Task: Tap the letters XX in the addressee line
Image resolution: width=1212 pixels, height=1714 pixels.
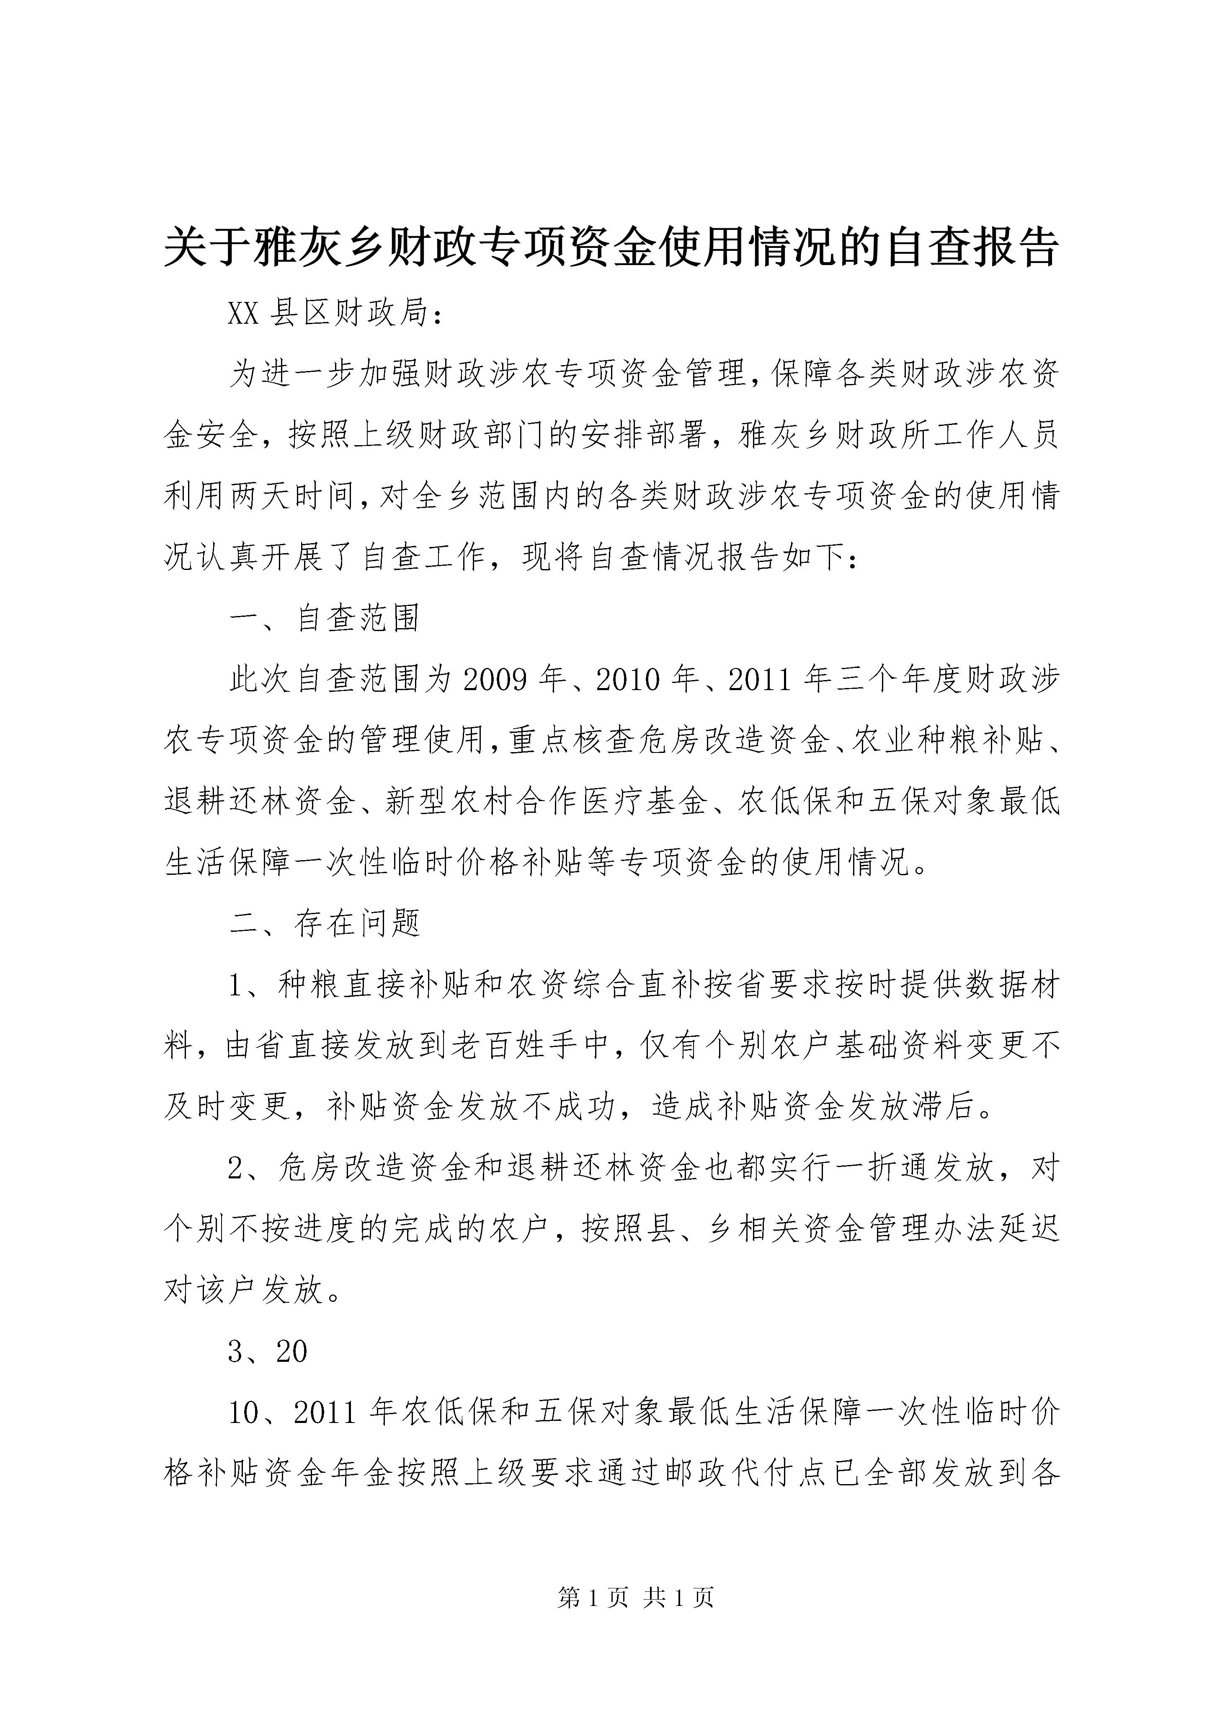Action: [x=243, y=314]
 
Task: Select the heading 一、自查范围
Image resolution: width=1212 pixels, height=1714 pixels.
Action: [x=324, y=618]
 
